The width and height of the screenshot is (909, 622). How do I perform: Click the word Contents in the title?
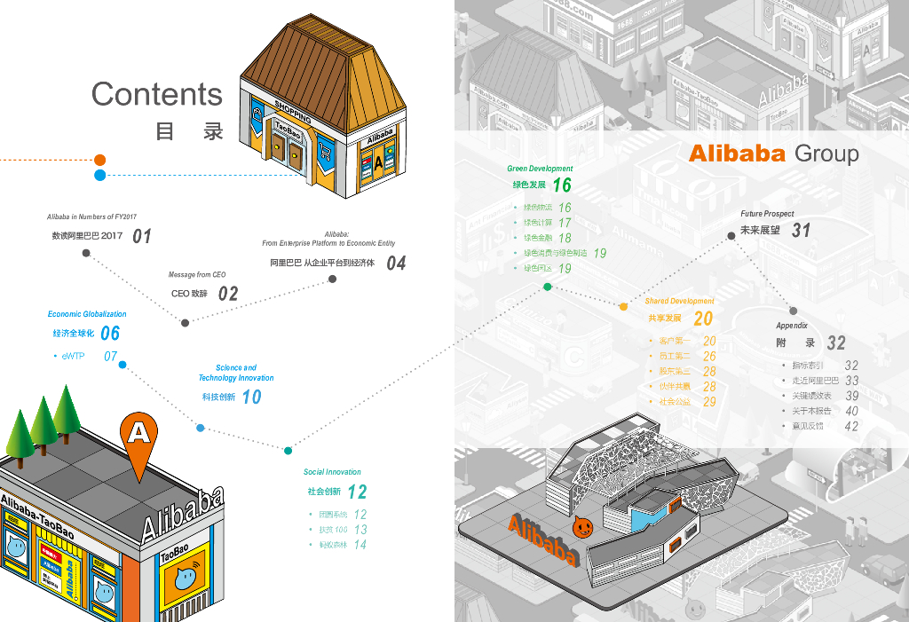tap(157, 94)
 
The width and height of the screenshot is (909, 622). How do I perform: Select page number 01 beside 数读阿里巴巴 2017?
tap(142, 236)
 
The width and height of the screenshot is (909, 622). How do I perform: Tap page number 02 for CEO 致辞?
tap(228, 294)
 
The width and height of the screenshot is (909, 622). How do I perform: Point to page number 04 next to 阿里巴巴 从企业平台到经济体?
tap(396, 264)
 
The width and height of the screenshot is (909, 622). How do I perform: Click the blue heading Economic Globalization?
tap(87, 314)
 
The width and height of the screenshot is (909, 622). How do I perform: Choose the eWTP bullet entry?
tap(73, 356)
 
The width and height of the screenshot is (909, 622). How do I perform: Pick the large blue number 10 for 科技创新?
tap(252, 398)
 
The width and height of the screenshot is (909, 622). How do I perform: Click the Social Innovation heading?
tap(332, 472)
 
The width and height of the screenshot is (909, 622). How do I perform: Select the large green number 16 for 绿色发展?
tap(562, 185)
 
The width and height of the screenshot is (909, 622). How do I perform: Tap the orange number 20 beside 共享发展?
tap(703, 319)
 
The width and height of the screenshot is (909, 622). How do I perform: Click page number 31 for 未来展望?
tap(801, 231)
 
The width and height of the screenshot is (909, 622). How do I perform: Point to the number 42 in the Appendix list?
tap(851, 427)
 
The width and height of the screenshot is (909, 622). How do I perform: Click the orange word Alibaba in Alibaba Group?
tap(738, 154)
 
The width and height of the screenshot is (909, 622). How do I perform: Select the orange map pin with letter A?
tap(138, 437)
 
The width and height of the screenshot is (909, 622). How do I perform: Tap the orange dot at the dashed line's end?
tap(100, 160)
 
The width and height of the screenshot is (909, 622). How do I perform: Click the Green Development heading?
tap(540, 169)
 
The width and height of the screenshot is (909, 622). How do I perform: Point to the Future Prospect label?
tap(767, 214)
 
